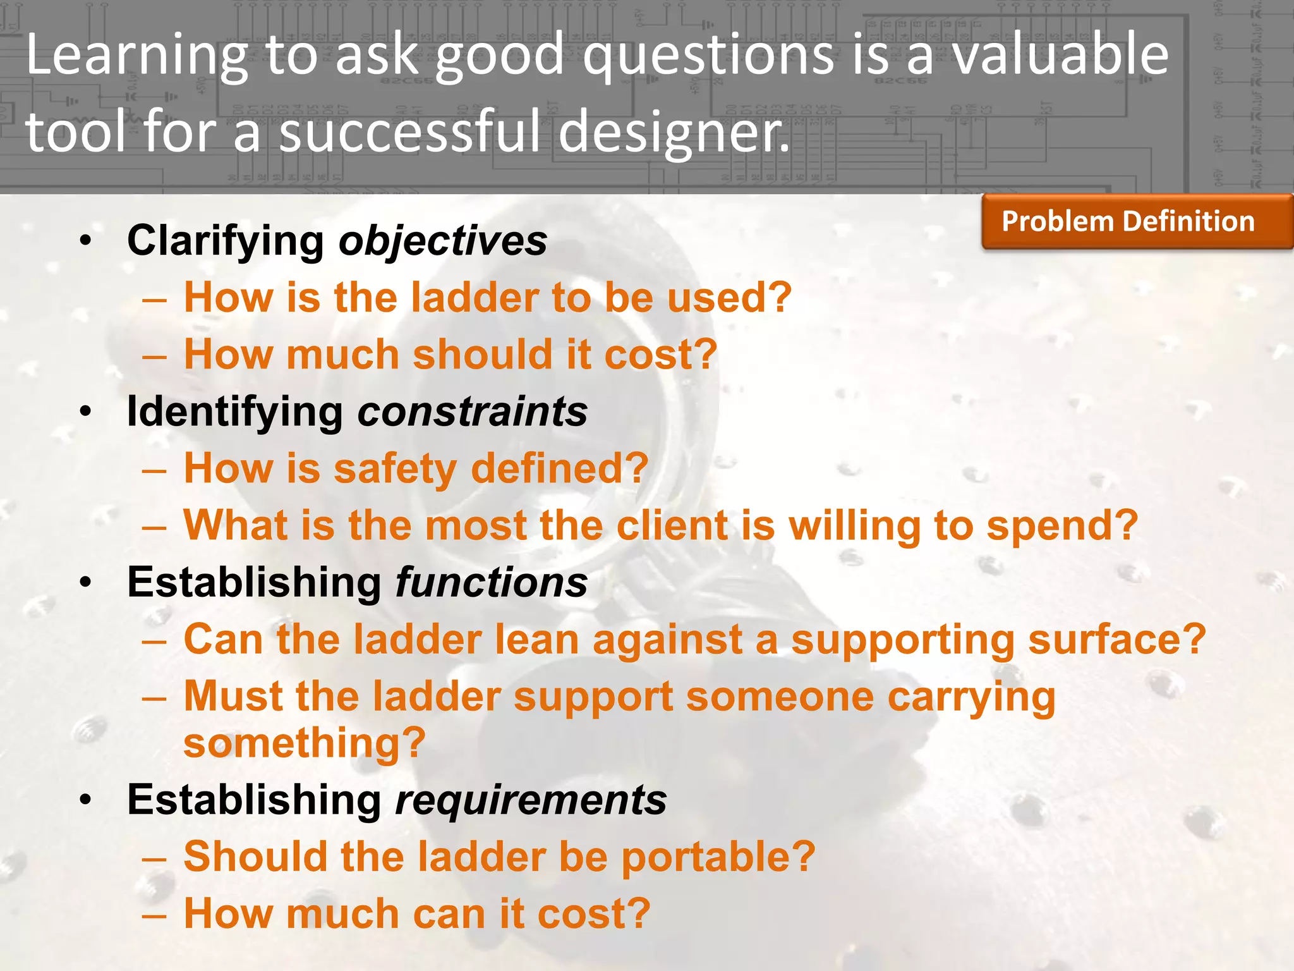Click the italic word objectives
click(443, 241)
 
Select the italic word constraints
click(473, 412)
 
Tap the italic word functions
click(491, 582)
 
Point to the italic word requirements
click(530, 800)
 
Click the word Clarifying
click(226, 241)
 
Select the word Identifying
click(234, 412)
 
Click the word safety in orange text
click(394, 469)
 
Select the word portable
click(718, 857)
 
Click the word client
click(672, 525)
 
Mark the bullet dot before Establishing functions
click(86, 583)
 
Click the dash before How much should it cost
click(154, 356)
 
